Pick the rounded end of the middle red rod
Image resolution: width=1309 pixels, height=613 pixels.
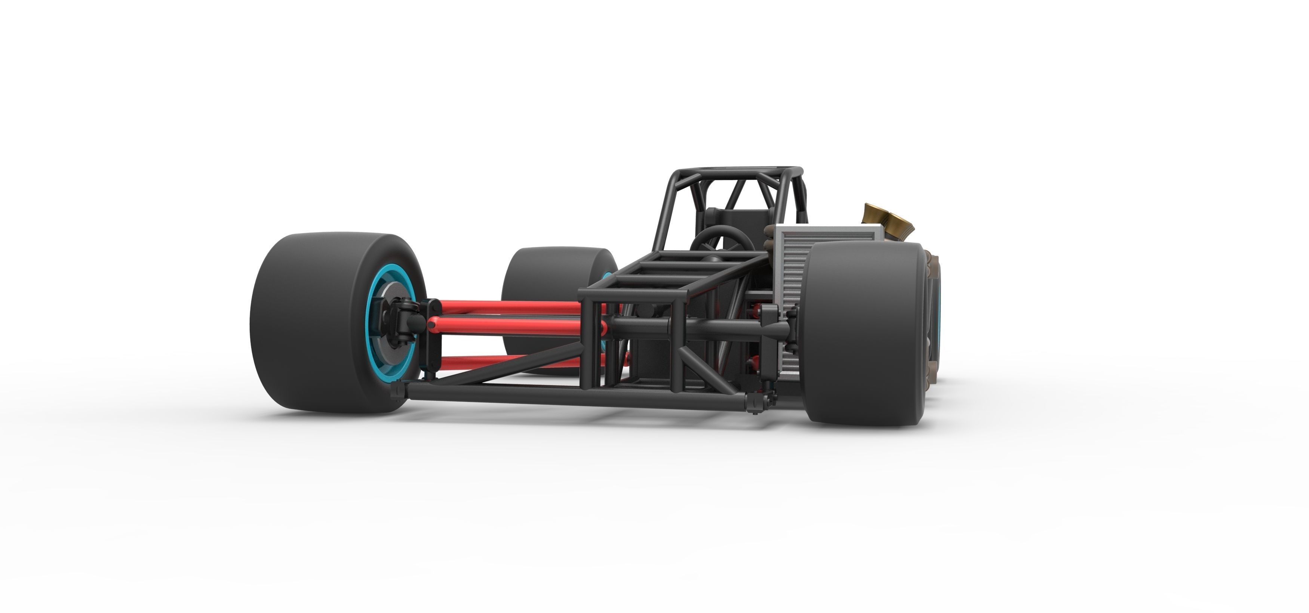pyautogui.click(x=432, y=323)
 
